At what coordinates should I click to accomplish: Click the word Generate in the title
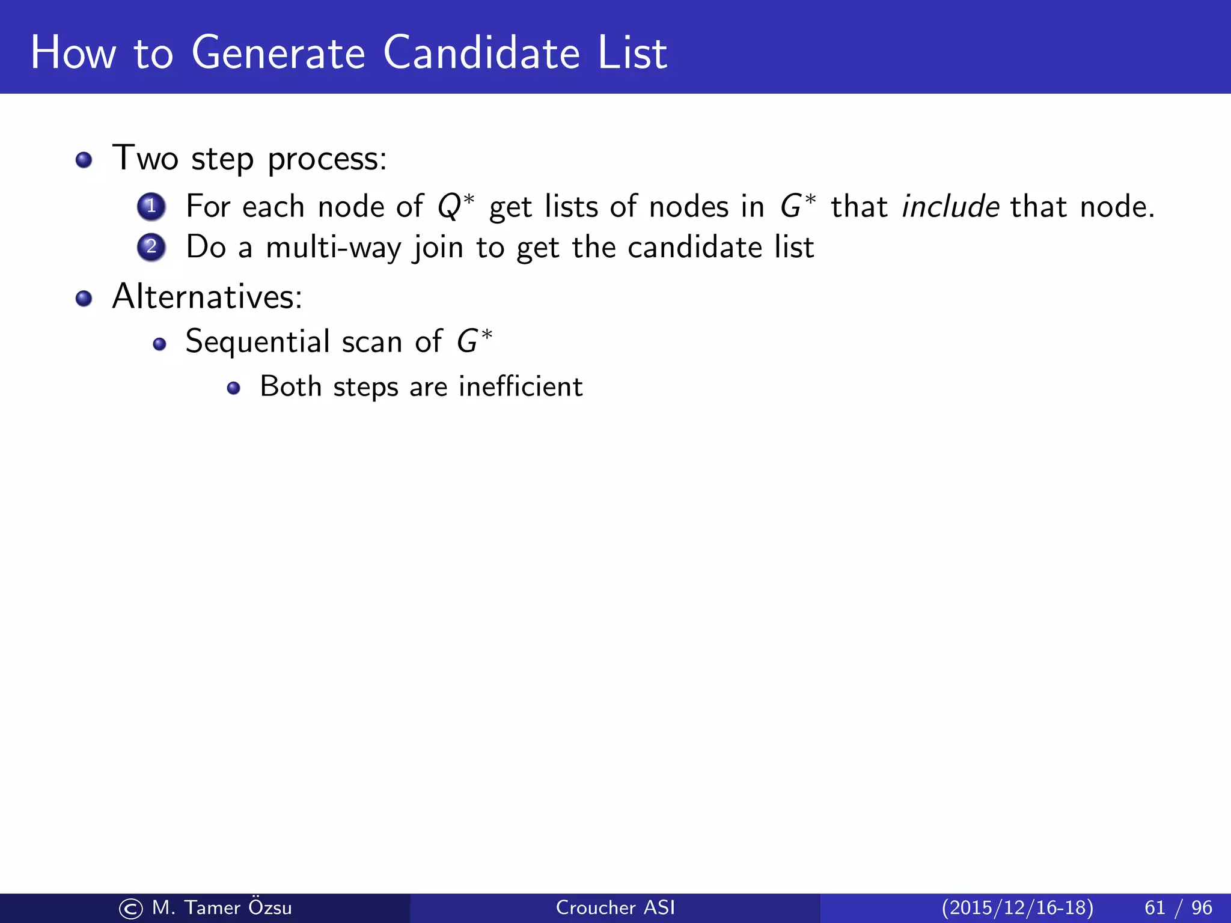pyautogui.click(x=278, y=53)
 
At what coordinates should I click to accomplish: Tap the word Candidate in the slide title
pyautogui.click(x=481, y=53)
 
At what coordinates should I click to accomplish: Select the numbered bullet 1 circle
pyautogui.click(x=151, y=206)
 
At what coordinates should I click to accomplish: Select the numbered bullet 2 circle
pyautogui.click(x=151, y=247)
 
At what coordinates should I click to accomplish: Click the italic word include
pyautogui.click(x=950, y=206)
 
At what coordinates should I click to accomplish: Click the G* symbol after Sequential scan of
pyautogui.click(x=474, y=341)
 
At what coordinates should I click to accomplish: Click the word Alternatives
pyautogui.click(x=207, y=296)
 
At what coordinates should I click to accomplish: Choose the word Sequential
pyautogui.click(x=257, y=342)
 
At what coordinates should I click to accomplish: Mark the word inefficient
pyautogui.click(x=521, y=386)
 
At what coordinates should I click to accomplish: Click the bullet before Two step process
pyautogui.click(x=84, y=160)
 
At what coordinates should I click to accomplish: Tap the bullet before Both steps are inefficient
pyautogui.click(x=234, y=388)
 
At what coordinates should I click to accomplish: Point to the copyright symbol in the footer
pyautogui.click(x=131, y=909)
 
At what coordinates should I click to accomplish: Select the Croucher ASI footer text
pyautogui.click(x=615, y=907)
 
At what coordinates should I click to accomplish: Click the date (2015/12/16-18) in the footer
pyautogui.click(x=1017, y=907)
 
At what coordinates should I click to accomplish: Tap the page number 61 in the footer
pyautogui.click(x=1155, y=907)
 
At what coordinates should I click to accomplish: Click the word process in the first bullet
pyautogui.click(x=326, y=159)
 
